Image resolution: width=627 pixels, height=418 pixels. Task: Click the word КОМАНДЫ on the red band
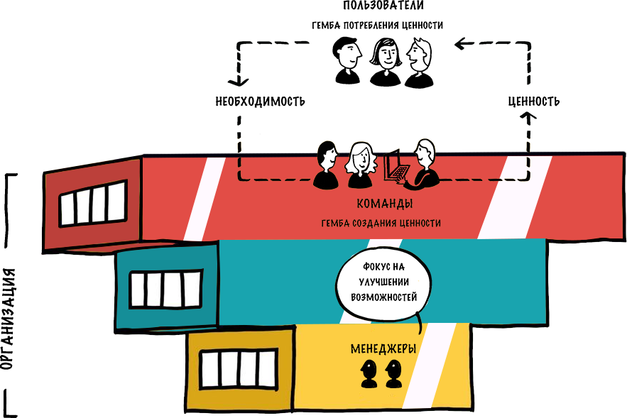(384, 204)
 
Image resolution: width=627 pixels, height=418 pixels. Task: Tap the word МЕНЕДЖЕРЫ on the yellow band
(383, 349)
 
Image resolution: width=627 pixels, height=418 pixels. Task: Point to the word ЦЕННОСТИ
(419, 224)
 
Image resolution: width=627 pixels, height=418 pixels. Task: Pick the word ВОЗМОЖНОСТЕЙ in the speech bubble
(383, 296)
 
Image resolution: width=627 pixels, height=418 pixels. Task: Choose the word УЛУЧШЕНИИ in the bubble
(384, 281)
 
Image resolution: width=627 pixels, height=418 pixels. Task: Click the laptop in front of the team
(396, 167)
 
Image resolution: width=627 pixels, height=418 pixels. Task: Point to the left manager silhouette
(369, 373)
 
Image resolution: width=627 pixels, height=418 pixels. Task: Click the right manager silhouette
(393, 373)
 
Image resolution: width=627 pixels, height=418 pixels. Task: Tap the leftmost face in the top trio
(349, 56)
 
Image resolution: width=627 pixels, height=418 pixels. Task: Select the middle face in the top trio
(386, 55)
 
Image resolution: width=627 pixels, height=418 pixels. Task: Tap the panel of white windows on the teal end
(165, 289)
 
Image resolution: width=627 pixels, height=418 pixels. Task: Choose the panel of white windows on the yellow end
(237, 369)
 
